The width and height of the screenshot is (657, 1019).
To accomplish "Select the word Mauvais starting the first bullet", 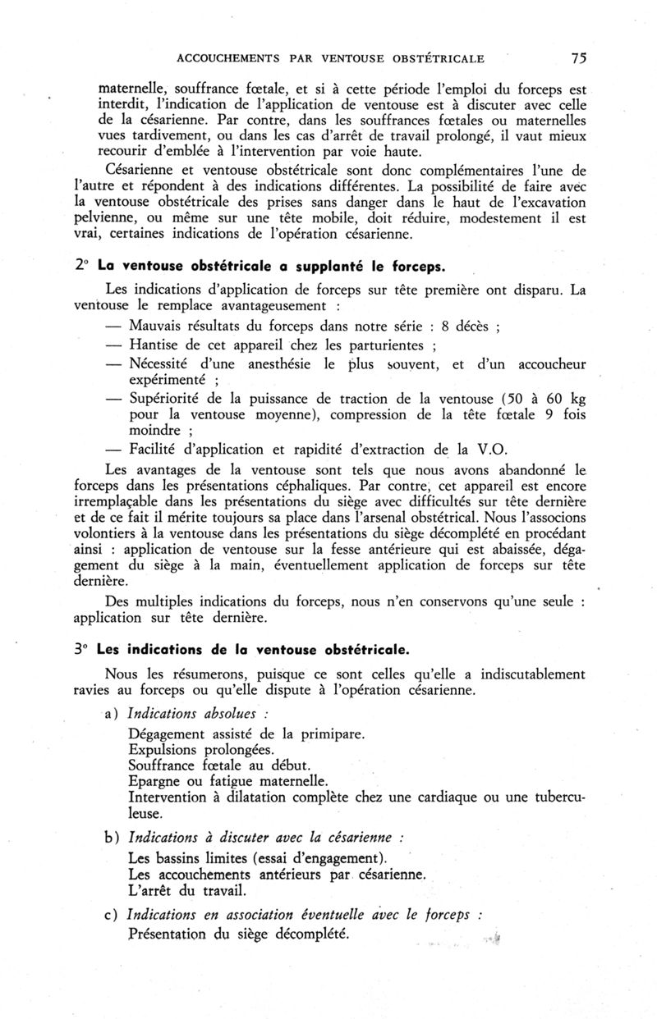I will point(159,326).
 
